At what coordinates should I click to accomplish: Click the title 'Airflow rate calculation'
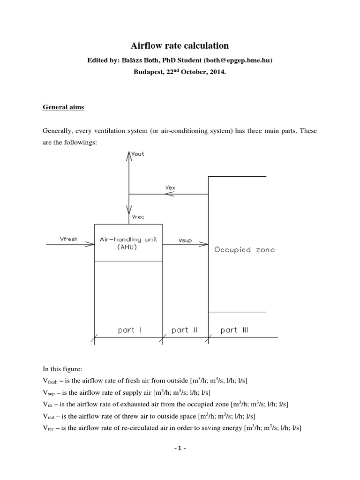click(x=180, y=45)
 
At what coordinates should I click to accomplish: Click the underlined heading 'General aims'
click(x=64, y=107)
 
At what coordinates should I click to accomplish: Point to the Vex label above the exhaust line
click(x=171, y=187)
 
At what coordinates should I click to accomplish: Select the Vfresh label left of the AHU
click(x=68, y=239)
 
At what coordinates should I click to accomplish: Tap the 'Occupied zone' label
click(x=244, y=250)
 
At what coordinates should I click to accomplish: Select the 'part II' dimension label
click(x=184, y=330)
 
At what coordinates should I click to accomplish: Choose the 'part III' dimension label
click(x=234, y=330)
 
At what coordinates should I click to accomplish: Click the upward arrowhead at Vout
click(x=128, y=153)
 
